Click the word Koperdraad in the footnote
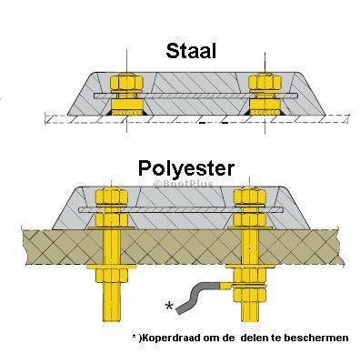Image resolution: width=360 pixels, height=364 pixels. click(170, 338)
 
